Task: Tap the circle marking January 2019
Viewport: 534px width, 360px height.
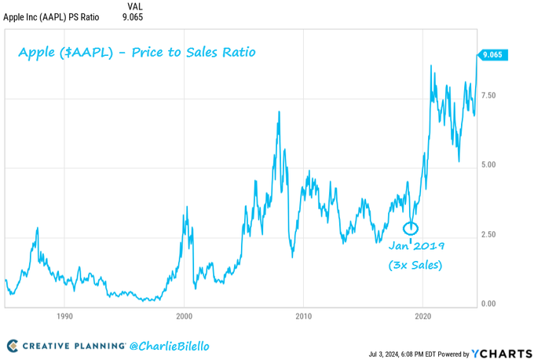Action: pyautogui.click(x=411, y=228)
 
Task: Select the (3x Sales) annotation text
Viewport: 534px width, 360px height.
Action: pyautogui.click(x=415, y=266)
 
